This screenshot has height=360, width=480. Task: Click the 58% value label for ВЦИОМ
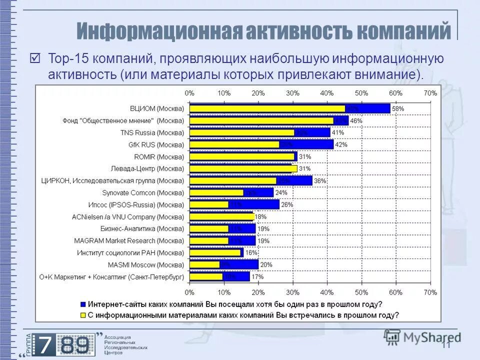398,108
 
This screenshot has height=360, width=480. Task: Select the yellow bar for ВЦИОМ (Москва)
267,108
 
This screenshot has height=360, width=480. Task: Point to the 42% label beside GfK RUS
341,144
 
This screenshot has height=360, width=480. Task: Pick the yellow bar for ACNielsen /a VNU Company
222,216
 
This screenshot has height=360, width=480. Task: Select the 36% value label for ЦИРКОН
320,181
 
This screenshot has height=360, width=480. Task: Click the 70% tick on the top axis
430,93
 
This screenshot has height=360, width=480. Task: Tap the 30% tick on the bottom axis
292,291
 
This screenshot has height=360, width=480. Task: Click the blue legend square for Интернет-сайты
83,304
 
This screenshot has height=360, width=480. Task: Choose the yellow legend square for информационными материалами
83,315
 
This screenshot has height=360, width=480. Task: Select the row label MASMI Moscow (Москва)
146,264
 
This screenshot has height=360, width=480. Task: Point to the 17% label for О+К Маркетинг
257,276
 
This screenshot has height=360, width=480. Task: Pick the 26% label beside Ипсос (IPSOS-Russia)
287,204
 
